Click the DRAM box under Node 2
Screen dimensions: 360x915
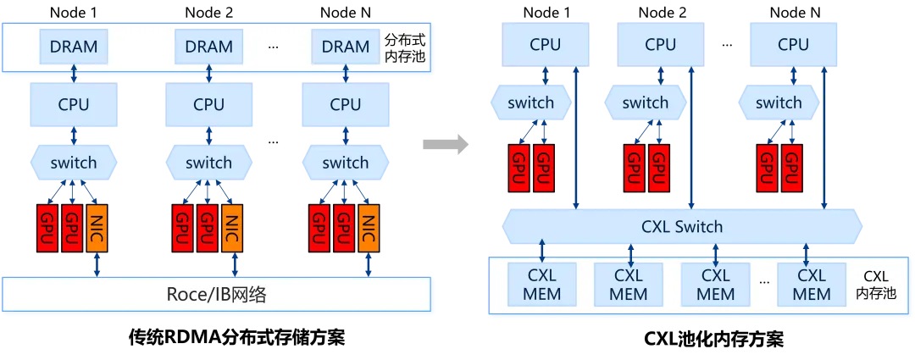208,47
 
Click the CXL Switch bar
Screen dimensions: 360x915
682,226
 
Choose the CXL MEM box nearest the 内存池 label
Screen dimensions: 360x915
812,285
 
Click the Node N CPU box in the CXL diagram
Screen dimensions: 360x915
793,45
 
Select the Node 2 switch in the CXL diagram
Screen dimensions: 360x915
646,103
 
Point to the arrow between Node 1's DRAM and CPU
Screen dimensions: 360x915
74,74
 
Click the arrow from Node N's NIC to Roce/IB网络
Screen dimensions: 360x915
367,263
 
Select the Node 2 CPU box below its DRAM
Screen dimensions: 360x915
208,105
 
